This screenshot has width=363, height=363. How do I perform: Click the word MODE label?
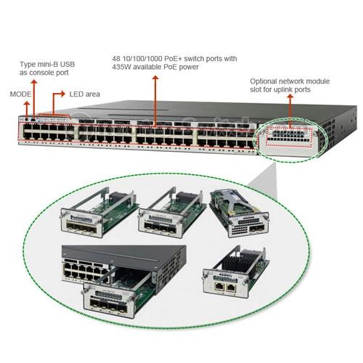(20, 94)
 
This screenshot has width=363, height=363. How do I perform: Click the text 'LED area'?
(84, 94)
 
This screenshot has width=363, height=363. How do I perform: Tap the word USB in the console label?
(68, 65)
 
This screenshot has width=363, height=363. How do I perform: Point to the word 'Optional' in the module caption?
(263, 81)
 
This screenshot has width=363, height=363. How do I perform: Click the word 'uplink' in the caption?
(283, 89)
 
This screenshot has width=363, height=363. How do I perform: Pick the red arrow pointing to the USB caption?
(34, 99)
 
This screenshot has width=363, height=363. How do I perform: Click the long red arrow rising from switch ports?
(155, 101)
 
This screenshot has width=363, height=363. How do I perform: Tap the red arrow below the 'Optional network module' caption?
(290, 111)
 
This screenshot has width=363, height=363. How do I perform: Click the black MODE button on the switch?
(27, 120)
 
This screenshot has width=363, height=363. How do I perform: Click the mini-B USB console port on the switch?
(33, 120)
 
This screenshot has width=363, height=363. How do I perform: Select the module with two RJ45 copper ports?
(236, 272)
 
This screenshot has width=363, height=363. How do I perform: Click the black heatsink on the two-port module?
(237, 264)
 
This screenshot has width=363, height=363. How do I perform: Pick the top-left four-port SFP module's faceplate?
(81, 223)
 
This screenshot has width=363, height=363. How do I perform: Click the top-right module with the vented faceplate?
(240, 213)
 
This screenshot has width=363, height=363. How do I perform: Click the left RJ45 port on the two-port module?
(219, 287)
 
